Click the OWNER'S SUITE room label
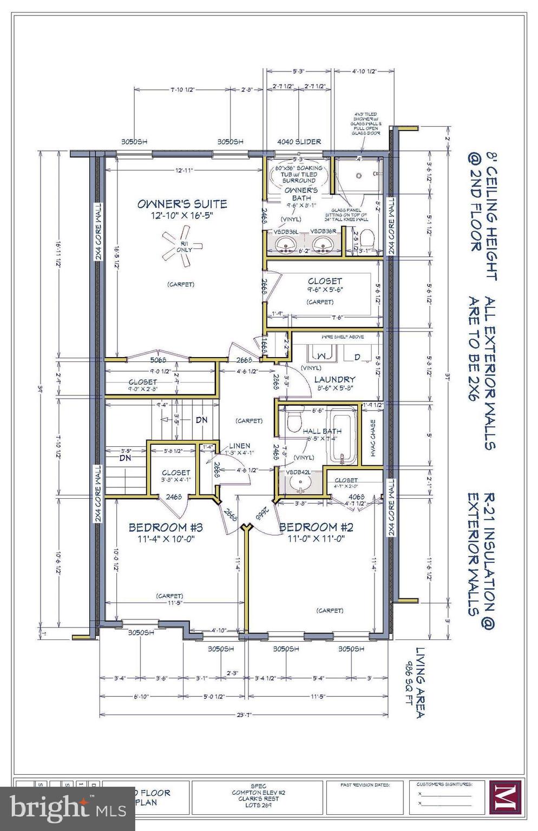[x=182, y=204]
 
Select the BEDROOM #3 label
[x=166, y=527]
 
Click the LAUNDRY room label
[x=334, y=380]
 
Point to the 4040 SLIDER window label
[x=299, y=142]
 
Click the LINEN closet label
[x=239, y=446]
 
